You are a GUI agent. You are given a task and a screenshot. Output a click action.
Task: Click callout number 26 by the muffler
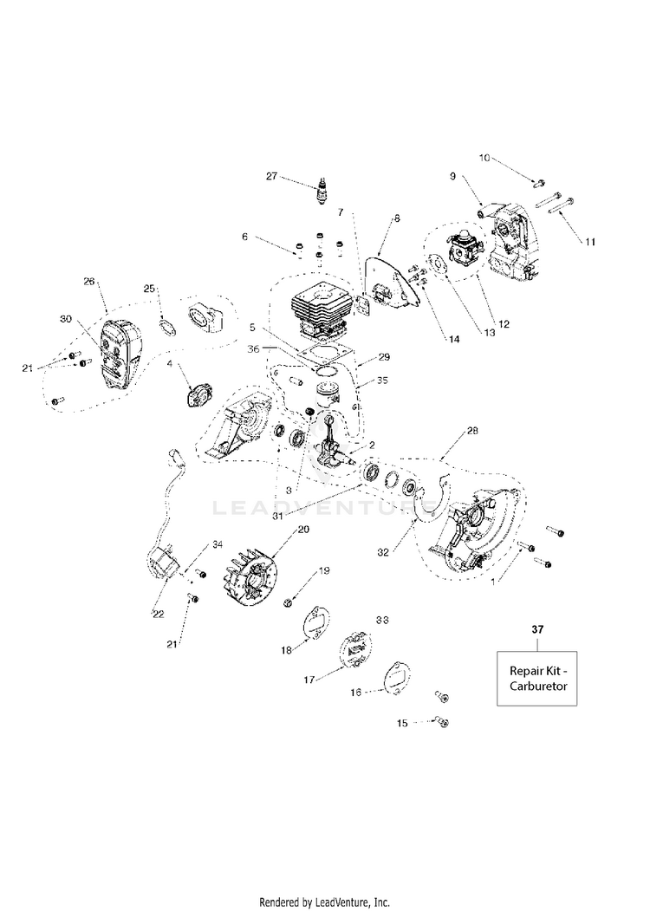tap(88, 282)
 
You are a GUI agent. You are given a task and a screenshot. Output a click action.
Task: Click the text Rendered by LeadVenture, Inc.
tap(325, 901)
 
